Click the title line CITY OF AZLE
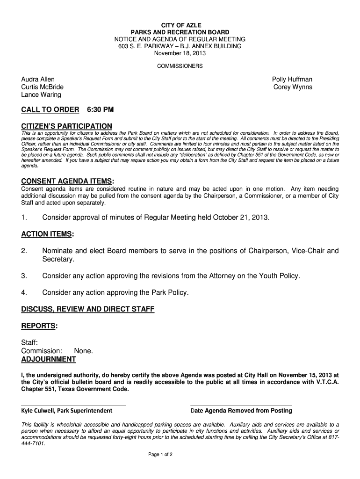(180, 24)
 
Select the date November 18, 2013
(180, 54)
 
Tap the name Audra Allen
(38, 80)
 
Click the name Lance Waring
(41, 94)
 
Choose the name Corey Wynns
(293, 87)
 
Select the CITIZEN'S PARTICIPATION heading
(67, 126)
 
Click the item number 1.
(24, 218)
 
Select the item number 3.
(24, 276)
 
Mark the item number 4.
(24, 293)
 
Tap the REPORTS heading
(40, 326)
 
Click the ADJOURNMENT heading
(49, 359)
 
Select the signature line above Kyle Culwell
(73, 405)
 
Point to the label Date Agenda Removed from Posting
(241, 411)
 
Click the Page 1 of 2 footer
(161, 454)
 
